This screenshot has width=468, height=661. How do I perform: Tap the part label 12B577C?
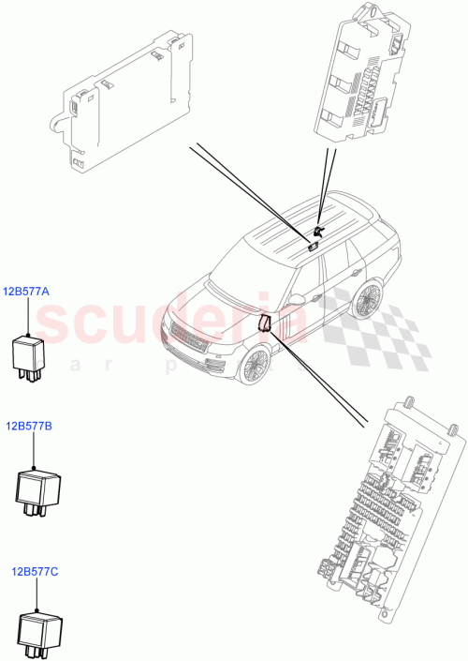click(x=35, y=570)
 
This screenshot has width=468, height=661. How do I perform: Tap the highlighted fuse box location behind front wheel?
click(x=265, y=323)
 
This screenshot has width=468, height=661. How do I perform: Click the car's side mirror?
click(x=298, y=298)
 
